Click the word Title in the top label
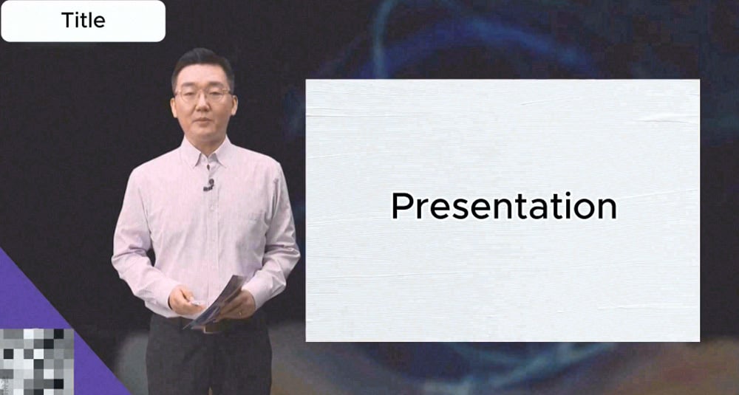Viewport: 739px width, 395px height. (83, 21)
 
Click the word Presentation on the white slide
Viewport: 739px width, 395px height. (503, 206)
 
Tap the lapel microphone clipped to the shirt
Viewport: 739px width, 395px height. (209, 184)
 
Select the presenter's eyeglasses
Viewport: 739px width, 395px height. (202, 95)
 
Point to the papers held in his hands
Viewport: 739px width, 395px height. (218, 299)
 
